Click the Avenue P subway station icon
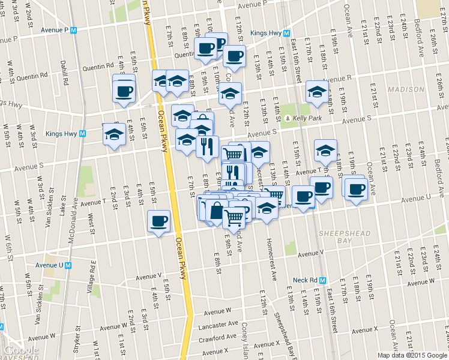point(74,30)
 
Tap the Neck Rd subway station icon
point(322,280)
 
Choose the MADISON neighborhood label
point(405,89)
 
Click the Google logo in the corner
point(22,350)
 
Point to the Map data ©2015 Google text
point(412,355)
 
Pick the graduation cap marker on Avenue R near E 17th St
point(316,92)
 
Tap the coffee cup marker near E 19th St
point(355,188)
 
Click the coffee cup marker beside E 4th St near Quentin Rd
point(124,91)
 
